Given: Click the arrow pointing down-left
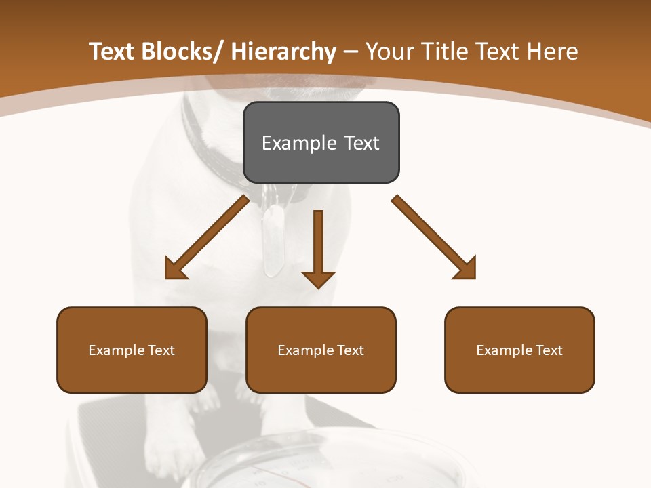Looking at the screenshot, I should [x=207, y=237].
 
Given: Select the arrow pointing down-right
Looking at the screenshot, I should [x=434, y=237].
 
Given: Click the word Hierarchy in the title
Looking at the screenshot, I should [x=283, y=52].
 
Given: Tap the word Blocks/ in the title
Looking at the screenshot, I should [x=181, y=52].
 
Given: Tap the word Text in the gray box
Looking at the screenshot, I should [x=361, y=143].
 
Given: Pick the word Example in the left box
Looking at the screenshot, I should [x=117, y=350].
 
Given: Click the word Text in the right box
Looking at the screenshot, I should [x=548, y=350].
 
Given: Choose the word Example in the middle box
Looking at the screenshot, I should [x=306, y=350].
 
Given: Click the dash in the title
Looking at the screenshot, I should [x=350, y=52].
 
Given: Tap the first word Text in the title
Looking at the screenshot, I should [x=111, y=52].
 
